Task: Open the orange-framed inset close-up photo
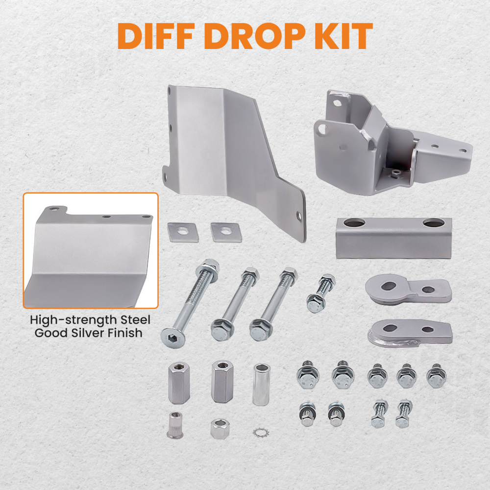91,250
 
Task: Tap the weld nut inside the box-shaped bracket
394,171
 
